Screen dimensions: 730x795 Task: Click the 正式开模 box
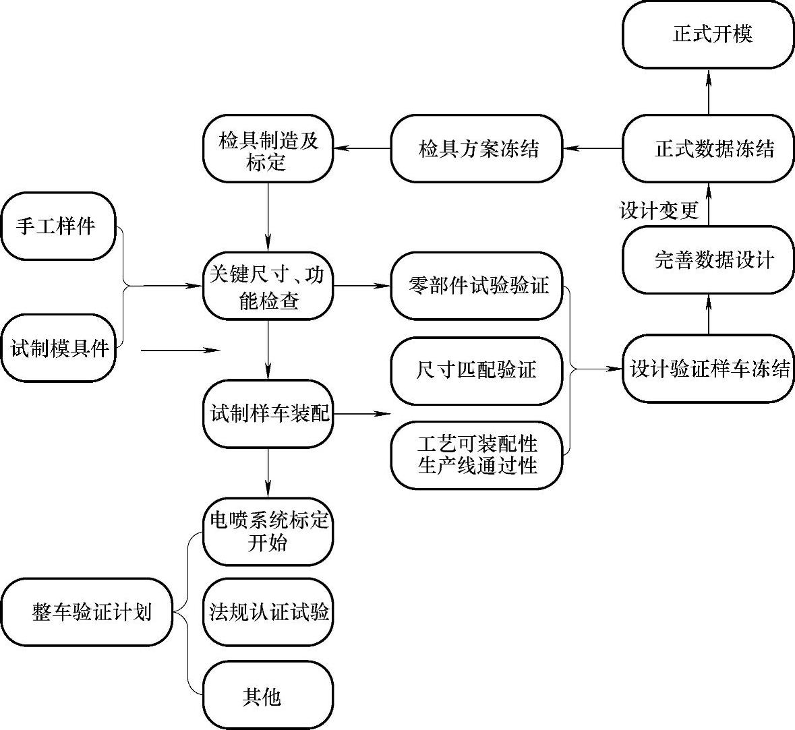707,34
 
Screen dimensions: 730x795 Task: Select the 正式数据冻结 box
707,148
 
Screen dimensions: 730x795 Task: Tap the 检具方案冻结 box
476,148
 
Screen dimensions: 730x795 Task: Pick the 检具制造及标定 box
268,149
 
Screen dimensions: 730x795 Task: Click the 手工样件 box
58,226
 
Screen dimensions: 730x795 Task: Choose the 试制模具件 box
58,348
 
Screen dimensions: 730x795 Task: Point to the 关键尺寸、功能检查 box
268,286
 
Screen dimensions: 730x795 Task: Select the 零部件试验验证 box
476,286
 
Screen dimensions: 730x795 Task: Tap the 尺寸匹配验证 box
476,371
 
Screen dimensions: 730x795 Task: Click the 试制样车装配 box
268,413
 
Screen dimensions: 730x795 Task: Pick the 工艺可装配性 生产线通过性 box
476,454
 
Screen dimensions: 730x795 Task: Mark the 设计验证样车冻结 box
707,369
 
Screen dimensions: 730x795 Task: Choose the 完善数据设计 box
707,260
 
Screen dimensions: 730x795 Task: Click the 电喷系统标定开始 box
268,531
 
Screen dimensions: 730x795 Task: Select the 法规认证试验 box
268,611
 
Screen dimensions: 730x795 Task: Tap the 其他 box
268,696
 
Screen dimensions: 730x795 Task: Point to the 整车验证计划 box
88,612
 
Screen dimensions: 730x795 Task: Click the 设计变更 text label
659,210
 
